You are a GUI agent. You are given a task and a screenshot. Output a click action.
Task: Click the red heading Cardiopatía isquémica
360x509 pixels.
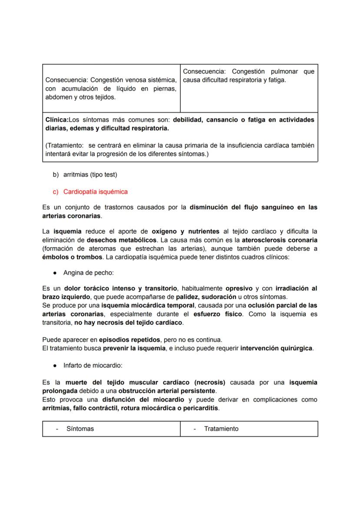[95, 192]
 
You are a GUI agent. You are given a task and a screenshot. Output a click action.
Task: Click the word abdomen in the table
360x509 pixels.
[58, 97]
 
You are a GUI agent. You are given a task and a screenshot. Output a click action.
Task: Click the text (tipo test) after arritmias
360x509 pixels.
[101, 175]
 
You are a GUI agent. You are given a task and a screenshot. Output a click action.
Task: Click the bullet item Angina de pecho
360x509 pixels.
[88, 273]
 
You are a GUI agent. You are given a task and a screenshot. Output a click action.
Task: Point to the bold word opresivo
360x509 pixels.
[239, 289]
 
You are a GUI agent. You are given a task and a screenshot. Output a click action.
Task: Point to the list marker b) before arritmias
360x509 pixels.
[56, 175]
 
